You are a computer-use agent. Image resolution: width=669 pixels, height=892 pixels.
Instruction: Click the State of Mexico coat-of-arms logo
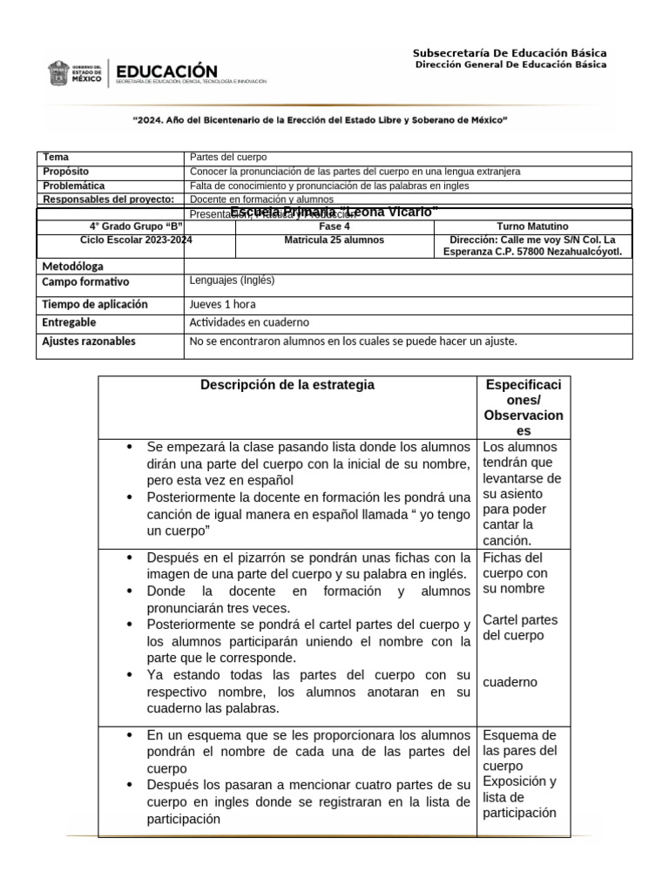pyautogui.click(x=58, y=73)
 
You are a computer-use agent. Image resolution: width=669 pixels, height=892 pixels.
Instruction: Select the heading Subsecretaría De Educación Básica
pyautogui.click(x=510, y=53)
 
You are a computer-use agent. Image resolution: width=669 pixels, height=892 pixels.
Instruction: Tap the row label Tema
pyautogui.click(x=56, y=158)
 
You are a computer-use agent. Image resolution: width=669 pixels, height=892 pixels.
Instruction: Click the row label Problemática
pyautogui.click(x=74, y=186)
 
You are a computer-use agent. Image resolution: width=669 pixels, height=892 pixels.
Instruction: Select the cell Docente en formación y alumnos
pyautogui.click(x=261, y=199)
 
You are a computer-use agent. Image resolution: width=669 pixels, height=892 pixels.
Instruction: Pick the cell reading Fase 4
pyautogui.click(x=334, y=226)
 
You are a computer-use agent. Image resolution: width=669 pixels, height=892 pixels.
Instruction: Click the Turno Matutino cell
pyautogui.click(x=532, y=226)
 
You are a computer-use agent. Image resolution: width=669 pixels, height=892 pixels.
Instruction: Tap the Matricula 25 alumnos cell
pyautogui.click(x=334, y=240)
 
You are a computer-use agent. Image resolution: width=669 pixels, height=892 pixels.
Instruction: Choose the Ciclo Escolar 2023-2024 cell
pyautogui.click(x=136, y=240)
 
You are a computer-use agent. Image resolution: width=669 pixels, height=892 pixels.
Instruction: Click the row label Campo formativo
pyautogui.click(x=85, y=282)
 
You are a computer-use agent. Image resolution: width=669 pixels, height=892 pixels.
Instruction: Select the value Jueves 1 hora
pyautogui.click(x=222, y=305)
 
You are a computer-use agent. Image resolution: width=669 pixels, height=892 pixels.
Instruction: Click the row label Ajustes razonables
pyautogui.click(x=89, y=341)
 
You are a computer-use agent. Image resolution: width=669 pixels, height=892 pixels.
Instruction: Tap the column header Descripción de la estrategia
pyautogui.click(x=287, y=385)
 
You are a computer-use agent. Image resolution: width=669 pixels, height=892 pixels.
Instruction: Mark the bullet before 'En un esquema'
pyautogui.click(x=129, y=735)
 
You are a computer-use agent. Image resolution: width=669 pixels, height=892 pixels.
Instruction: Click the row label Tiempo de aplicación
pyautogui.click(x=95, y=305)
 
